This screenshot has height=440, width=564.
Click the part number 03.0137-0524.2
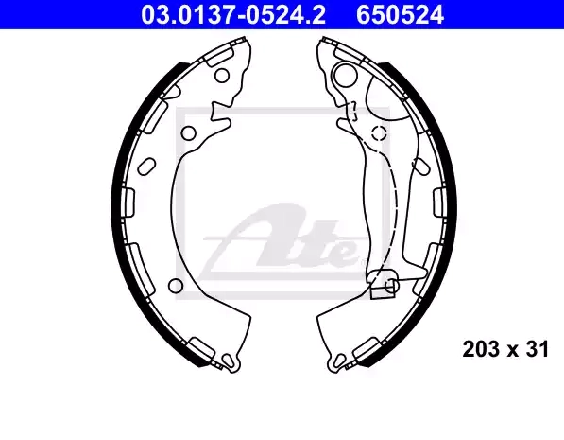pyautogui.click(x=233, y=15)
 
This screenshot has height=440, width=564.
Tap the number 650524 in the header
pyautogui.click(x=400, y=15)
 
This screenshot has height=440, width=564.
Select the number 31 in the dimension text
pyautogui.click(x=537, y=349)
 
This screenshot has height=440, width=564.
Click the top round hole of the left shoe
pyautogui.click(x=222, y=76)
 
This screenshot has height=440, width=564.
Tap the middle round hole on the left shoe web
pyautogui.click(x=188, y=133)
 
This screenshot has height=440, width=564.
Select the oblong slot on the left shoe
pyautogui.click(x=146, y=167)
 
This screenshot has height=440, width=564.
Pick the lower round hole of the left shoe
pyautogui.click(x=176, y=286)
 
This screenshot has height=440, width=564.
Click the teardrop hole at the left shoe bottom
pyautogui.click(x=228, y=361)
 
